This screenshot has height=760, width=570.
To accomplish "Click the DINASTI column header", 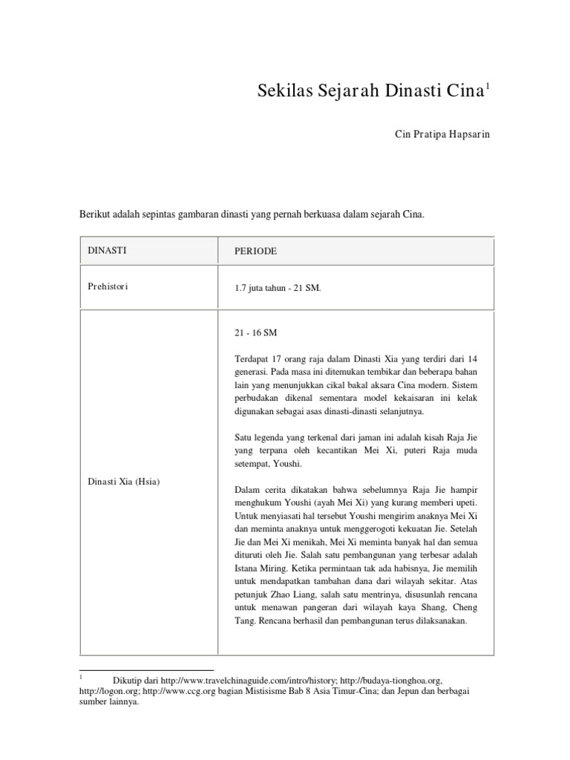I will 107,250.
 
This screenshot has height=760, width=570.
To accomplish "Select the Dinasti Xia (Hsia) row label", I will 124,482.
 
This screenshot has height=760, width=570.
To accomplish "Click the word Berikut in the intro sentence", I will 94,214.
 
